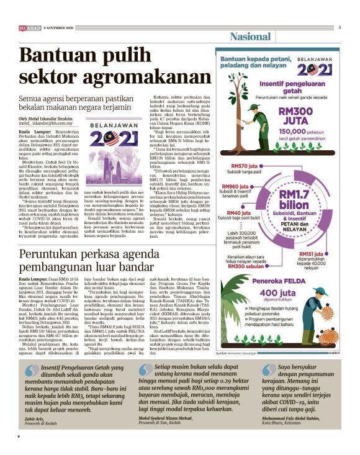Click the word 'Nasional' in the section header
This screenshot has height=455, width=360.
tap(251, 37)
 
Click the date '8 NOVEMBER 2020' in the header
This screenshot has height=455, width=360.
tap(59, 29)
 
